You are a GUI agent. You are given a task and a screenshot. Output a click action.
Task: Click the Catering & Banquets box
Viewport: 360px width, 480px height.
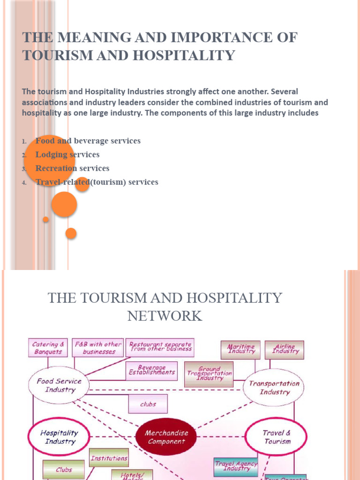pos(48,348)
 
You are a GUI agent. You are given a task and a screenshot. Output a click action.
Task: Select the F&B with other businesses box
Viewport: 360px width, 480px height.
pos(98,348)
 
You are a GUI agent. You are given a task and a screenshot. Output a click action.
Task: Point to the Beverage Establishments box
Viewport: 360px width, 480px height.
pos(152,370)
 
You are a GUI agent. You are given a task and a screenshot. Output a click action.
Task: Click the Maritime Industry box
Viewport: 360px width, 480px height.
pos(241,349)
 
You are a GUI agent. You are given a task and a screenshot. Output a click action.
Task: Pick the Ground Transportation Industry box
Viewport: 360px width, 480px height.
pos(209,374)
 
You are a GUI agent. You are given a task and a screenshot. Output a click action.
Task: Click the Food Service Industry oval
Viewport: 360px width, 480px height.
pos(59,385)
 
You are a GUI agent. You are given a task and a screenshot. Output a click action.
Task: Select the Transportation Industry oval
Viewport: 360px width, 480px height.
pos(274,387)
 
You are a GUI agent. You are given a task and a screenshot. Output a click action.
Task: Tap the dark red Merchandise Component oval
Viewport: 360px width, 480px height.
pos(166,437)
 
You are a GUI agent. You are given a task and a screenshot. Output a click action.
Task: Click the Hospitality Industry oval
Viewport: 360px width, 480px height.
pos(58,437)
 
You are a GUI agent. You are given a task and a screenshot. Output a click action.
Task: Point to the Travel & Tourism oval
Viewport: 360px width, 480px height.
pos(277,437)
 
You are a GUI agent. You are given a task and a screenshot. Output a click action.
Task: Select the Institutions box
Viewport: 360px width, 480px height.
pos(109,458)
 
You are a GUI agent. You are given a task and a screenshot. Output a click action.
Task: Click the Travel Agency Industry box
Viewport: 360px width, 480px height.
pos(236,466)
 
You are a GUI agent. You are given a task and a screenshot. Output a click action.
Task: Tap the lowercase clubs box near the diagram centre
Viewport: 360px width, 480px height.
pos(148,404)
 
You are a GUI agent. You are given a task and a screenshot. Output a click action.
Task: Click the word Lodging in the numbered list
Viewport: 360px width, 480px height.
pos(51,155)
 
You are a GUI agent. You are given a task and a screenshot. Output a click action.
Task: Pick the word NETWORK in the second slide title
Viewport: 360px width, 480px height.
pos(165,316)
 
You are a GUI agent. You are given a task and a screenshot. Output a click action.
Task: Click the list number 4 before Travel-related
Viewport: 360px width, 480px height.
pos(24,183)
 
